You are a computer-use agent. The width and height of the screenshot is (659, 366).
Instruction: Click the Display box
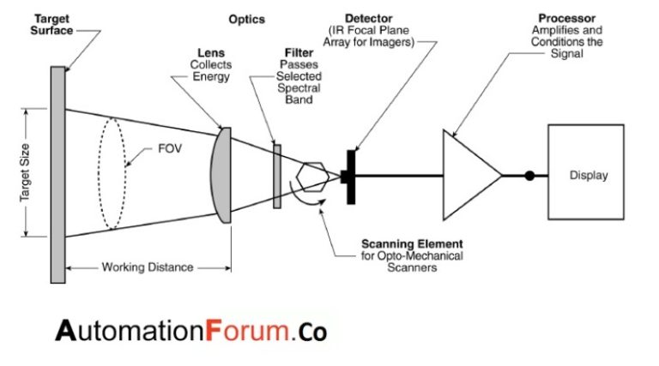(589, 176)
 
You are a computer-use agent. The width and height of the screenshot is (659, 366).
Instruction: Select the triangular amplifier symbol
(469, 176)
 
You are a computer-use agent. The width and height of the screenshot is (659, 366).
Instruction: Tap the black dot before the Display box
(529, 176)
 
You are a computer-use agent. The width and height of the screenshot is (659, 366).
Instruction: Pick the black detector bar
(351, 177)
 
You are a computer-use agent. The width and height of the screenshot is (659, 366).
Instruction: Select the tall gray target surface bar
(57, 174)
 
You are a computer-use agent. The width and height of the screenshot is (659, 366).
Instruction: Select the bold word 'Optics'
(247, 19)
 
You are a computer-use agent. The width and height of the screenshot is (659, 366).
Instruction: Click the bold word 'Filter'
(299, 52)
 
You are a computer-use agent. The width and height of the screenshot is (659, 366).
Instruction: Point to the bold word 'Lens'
(211, 52)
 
